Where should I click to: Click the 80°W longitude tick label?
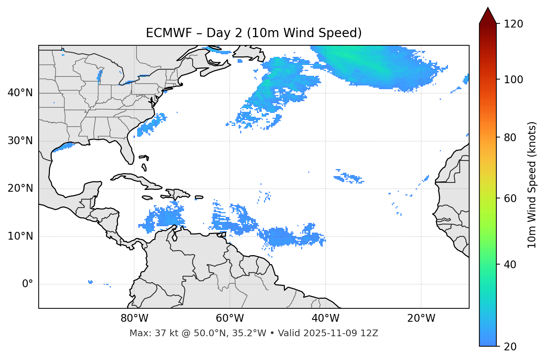pyautogui.click(x=134, y=318)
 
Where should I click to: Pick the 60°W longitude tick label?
pyautogui.click(x=230, y=318)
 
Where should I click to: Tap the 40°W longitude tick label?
pyautogui.click(x=325, y=318)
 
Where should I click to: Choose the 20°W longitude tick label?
pyautogui.click(x=421, y=318)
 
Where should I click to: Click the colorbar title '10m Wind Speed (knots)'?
pyautogui.click(x=532, y=185)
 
